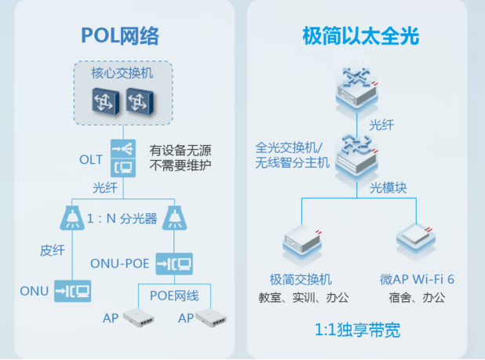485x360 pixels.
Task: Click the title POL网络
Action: coord(120,36)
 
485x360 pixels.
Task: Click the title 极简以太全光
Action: coord(361,36)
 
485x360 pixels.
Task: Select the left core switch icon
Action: coord(105,100)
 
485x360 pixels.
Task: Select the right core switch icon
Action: coord(140,100)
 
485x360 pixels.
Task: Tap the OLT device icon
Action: coord(123,158)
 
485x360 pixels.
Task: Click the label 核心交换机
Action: coord(122,73)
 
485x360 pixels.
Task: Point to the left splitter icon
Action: coord(71,218)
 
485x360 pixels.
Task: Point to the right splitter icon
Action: coord(174,218)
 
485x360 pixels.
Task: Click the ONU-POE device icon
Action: coord(174,264)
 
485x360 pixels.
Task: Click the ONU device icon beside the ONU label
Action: coord(73,291)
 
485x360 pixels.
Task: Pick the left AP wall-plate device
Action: coord(138,318)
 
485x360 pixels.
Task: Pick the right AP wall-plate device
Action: coord(211,318)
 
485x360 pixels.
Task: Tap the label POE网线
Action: coord(174,296)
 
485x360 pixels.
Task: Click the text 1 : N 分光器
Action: coord(122,219)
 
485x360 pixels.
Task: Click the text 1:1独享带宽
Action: coord(357,329)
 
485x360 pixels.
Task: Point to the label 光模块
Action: coord(388,187)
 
